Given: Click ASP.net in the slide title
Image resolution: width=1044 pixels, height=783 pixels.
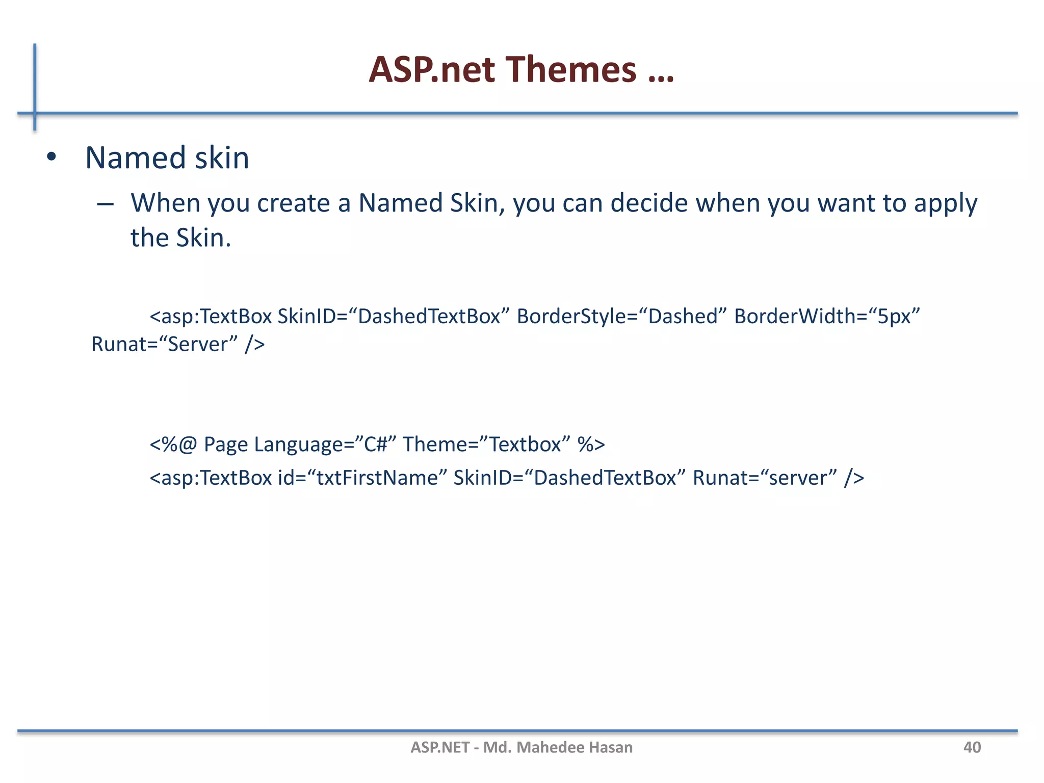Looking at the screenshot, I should (x=431, y=69).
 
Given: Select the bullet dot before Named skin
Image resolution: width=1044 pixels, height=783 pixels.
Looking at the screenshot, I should (x=51, y=158).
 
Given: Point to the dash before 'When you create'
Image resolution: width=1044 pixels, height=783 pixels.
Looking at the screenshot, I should (x=105, y=204).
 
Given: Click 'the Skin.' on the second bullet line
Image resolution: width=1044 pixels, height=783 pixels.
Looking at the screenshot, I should (x=181, y=238).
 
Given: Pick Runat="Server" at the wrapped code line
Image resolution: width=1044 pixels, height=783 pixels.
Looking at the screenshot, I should (x=164, y=344).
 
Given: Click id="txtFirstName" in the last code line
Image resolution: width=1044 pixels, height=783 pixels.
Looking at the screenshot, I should (x=362, y=478).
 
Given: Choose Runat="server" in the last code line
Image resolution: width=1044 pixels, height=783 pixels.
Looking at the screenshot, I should (x=764, y=478).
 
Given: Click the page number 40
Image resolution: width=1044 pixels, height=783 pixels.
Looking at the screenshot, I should (x=972, y=747).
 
